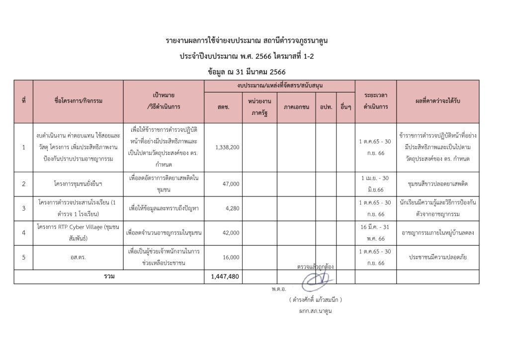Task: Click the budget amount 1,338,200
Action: [x=228, y=148]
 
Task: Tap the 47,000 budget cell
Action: [x=232, y=184]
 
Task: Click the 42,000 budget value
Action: [x=232, y=232]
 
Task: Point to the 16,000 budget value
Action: [x=232, y=257]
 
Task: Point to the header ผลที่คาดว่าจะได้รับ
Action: [x=438, y=101]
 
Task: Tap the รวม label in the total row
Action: [x=108, y=276]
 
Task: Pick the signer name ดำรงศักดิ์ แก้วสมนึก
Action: [x=316, y=300]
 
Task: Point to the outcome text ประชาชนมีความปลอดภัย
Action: [x=438, y=257]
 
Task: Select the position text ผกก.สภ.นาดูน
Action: [x=315, y=311]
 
